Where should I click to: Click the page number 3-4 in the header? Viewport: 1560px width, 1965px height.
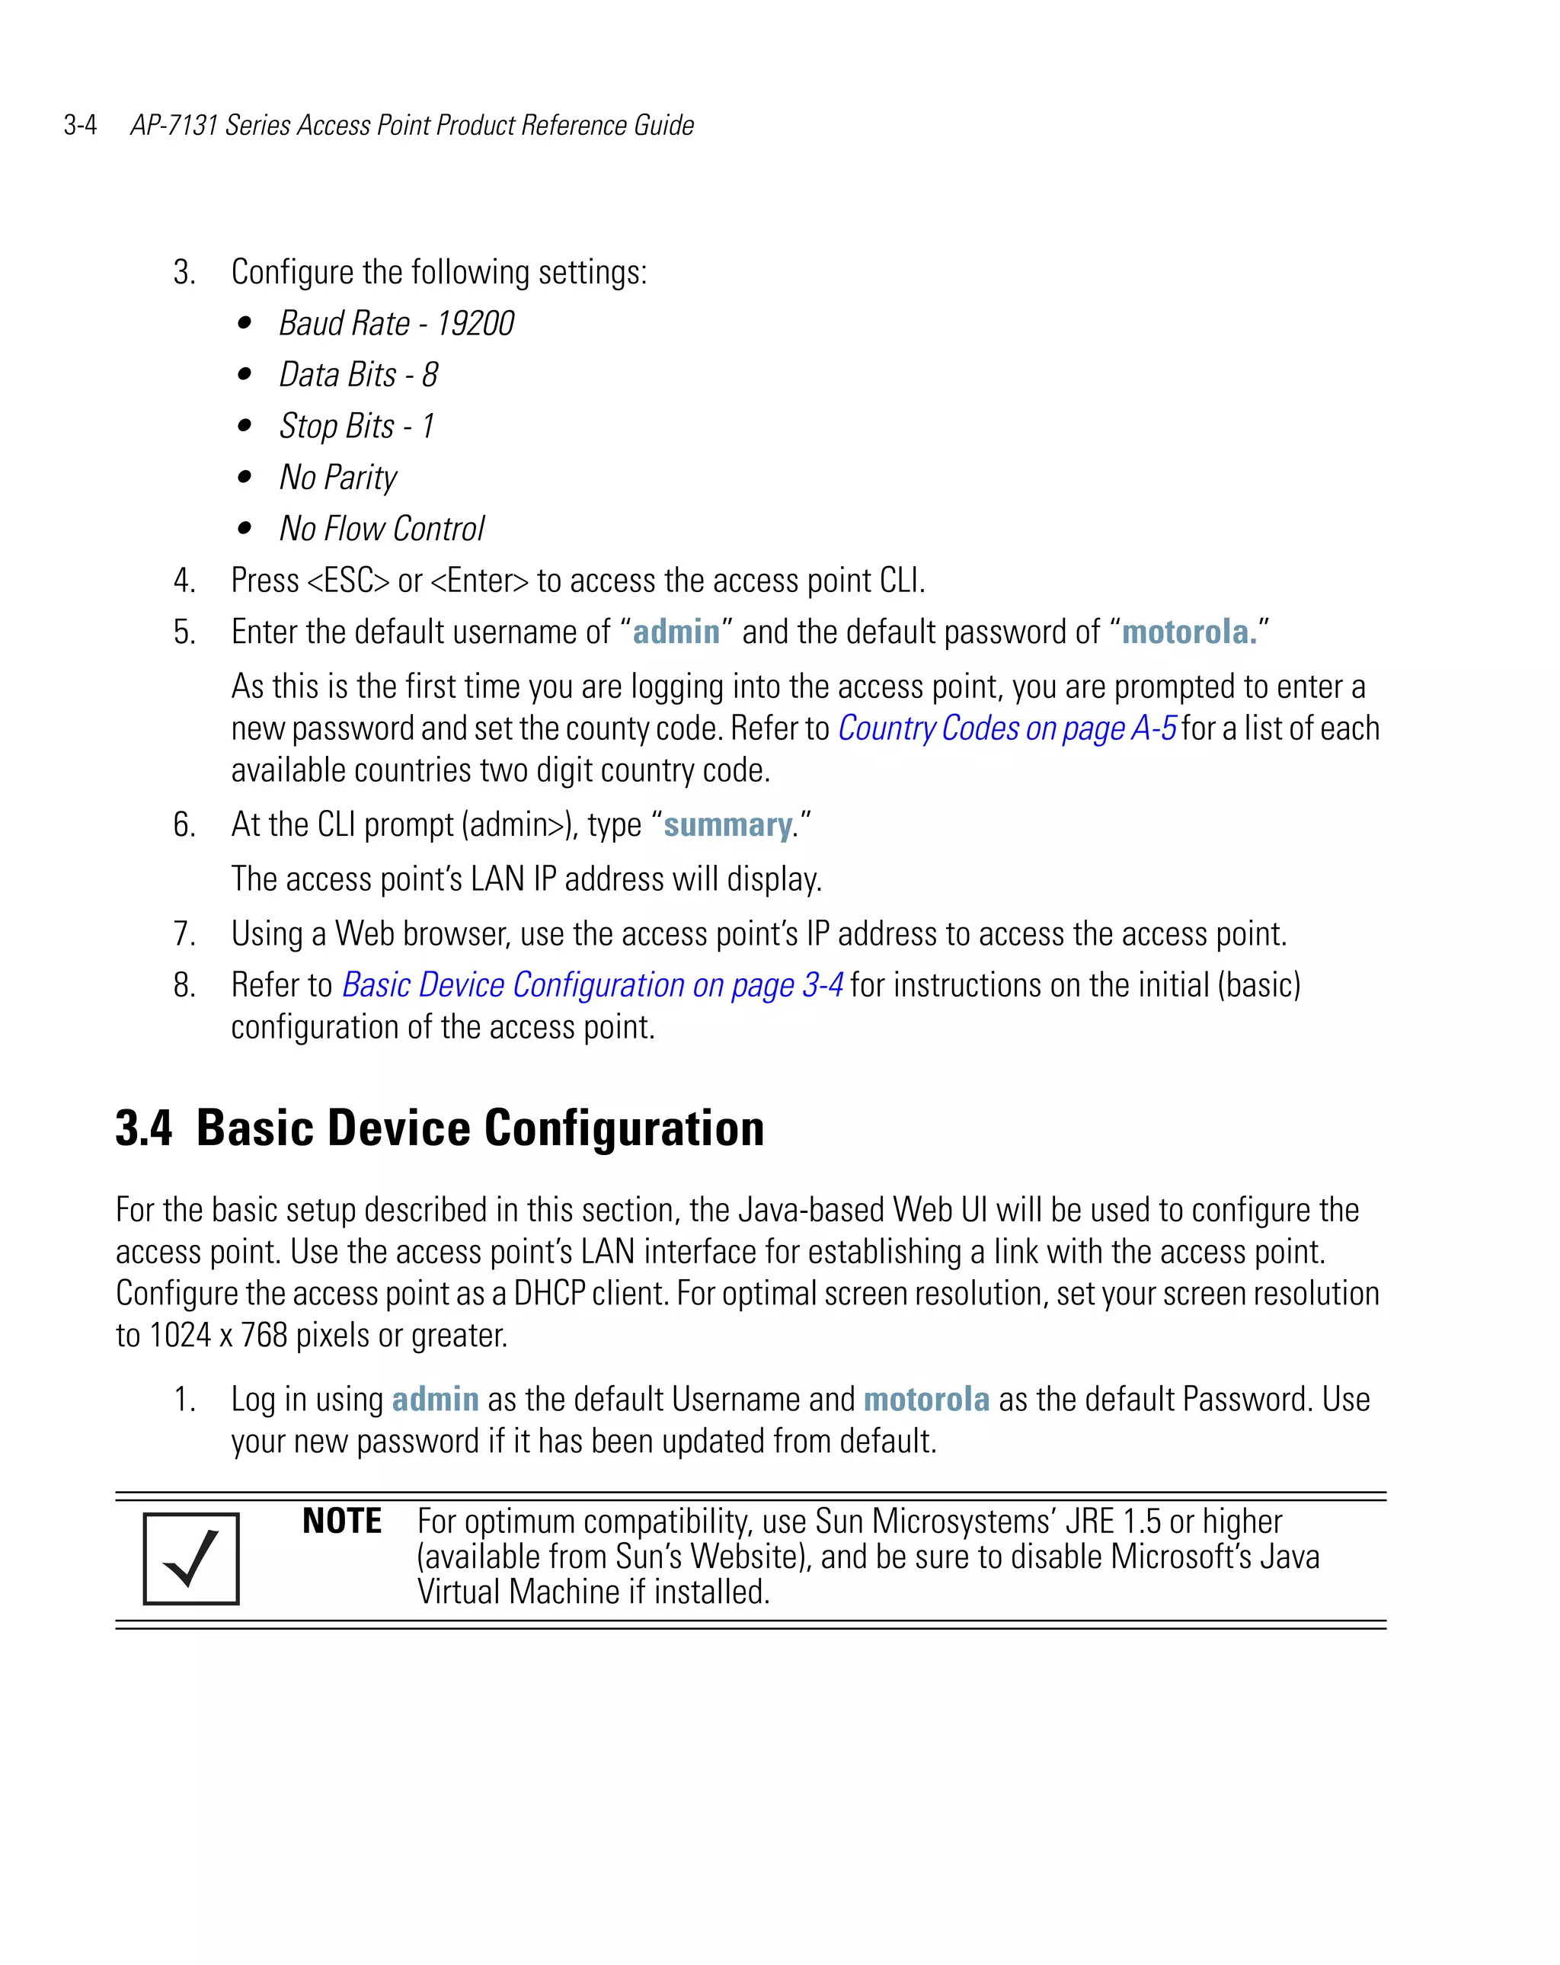(80, 125)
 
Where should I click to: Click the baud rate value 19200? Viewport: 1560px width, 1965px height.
(475, 324)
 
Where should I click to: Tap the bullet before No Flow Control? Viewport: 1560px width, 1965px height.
(245, 529)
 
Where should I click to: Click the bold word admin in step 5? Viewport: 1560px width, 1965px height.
(676, 632)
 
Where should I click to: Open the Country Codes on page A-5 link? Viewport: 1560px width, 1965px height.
(1007, 728)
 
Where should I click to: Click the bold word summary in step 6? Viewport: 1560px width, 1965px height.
(727, 825)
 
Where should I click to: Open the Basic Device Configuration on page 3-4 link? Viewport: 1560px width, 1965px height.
(593, 985)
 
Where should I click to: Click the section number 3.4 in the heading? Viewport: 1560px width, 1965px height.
(144, 1128)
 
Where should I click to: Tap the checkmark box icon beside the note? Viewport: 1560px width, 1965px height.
(191, 1558)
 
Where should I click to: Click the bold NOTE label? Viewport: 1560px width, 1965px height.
(342, 1521)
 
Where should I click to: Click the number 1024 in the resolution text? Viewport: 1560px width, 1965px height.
(181, 1335)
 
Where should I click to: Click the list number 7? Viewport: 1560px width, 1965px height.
(184, 934)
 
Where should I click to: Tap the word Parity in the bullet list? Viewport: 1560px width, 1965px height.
(361, 478)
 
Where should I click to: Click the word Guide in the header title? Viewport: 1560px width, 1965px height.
(663, 125)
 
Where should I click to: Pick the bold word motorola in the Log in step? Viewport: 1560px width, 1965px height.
(925, 1399)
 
